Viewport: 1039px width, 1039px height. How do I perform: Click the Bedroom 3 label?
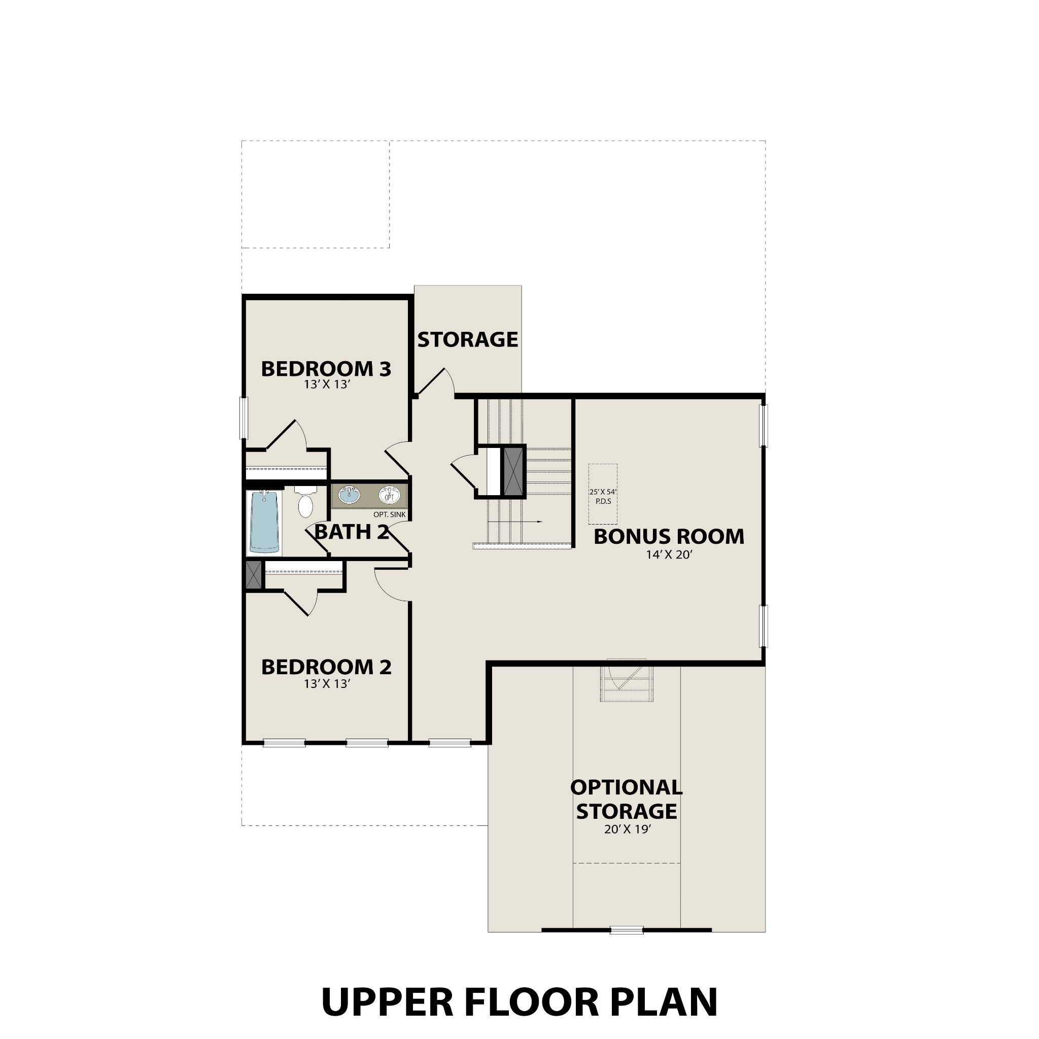(326, 369)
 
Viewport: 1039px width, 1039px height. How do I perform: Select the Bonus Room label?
(669, 536)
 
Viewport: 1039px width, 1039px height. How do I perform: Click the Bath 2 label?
(351, 532)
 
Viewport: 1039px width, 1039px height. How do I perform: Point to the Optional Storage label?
(627, 799)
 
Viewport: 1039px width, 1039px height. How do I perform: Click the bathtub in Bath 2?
(264, 522)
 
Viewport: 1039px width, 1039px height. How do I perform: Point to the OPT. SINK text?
(389, 514)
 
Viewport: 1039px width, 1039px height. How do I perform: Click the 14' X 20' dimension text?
(669, 555)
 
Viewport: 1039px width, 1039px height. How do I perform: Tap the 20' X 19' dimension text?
(627, 829)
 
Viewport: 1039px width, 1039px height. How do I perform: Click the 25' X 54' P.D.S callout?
(602, 496)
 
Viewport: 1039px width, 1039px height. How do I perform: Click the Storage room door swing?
(438, 382)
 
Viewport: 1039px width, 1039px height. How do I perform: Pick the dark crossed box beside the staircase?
(513, 471)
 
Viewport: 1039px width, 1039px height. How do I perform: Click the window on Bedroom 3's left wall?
(244, 419)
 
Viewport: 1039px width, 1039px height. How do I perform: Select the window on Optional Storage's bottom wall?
(627, 929)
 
